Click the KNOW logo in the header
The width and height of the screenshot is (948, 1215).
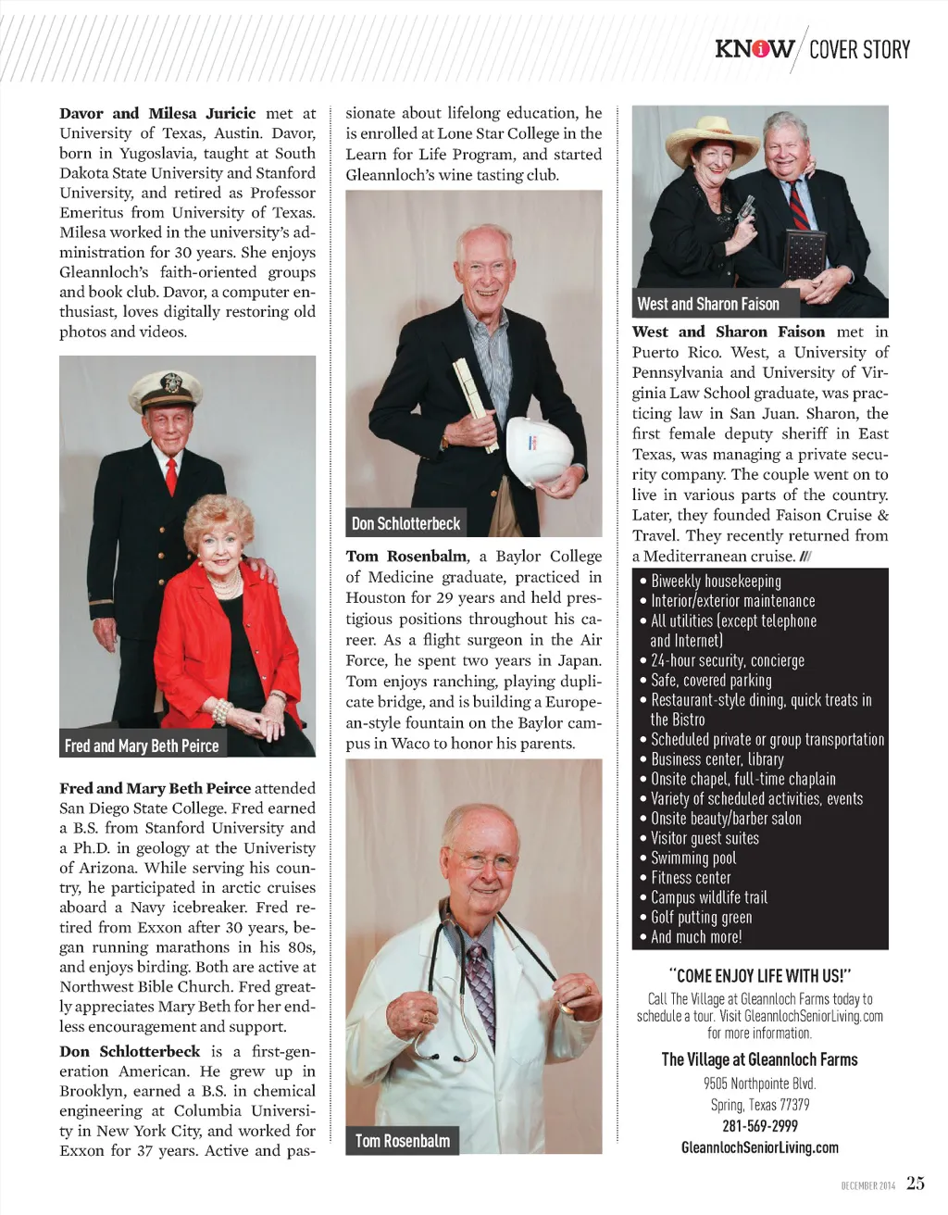pyautogui.click(x=754, y=49)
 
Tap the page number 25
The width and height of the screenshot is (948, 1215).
pyautogui.click(x=915, y=1183)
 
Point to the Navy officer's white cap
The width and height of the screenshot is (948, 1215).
pyautogui.click(x=167, y=390)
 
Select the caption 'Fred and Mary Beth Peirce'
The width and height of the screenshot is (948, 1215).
pyautogui.click(x=142, y=745)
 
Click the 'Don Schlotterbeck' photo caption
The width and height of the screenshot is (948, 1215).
pyautogui.click(x=405, y=523)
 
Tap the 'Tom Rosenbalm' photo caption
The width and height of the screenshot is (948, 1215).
pyautogui.click(x=403, y=1141)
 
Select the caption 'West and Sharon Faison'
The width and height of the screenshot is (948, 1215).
pyautogui.click(x=708, y=304)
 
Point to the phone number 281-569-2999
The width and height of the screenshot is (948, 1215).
pyautogui.click(x=759, y=1126)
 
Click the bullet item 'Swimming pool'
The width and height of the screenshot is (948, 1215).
pyautogui.click(x=693, y=858)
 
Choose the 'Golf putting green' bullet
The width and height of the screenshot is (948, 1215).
pyautogui.click(x=701, y=918)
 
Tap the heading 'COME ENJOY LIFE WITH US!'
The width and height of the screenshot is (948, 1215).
pyautogui.click(x=759, y=976)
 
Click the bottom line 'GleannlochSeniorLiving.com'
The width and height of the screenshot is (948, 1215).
pyautogui.click(x=759, y=1147)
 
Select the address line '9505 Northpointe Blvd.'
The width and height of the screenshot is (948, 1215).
pyautogui.click(x=759, y=1083)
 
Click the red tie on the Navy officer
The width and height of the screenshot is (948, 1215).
pyautogui.click(x=171, y=475)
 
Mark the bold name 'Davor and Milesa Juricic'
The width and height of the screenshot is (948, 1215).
pyautogui.click(x=157, y=114)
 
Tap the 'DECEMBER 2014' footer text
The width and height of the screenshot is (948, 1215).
pyautogui.click(x=867, y=1185)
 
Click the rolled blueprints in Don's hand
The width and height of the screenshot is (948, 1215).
pyautogui.click(x=474, y=398)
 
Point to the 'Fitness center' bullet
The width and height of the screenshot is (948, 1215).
pyautogui.click(x=691, y=878)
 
